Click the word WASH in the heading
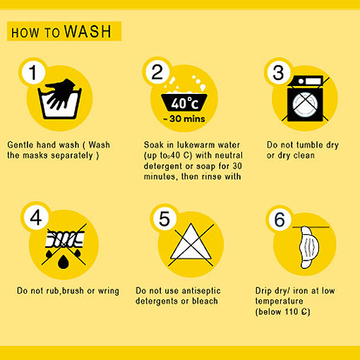(x=88, y=31)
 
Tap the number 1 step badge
(x=33, y=72)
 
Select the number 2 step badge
(x=157, y=72)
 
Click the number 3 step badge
(x=279, y=72)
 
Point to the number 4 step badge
(x=36, y=217)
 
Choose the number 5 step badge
(x=164, y=219)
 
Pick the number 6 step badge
(x=280, y=220)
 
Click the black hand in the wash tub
(x=60, y=94)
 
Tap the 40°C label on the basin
(x=184, y=103)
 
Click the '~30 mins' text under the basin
(x=184, y=119)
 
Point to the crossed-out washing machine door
(x=305, y=104)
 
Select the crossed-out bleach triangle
(x=191, y=242)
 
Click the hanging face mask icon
(x=309, y=247)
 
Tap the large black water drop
(x=63, y=262)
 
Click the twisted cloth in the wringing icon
(x=65, y=239)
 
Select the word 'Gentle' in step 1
(x=20, y=145)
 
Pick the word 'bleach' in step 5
(x=205, y=301)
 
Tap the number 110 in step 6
(x=292, y=312)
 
